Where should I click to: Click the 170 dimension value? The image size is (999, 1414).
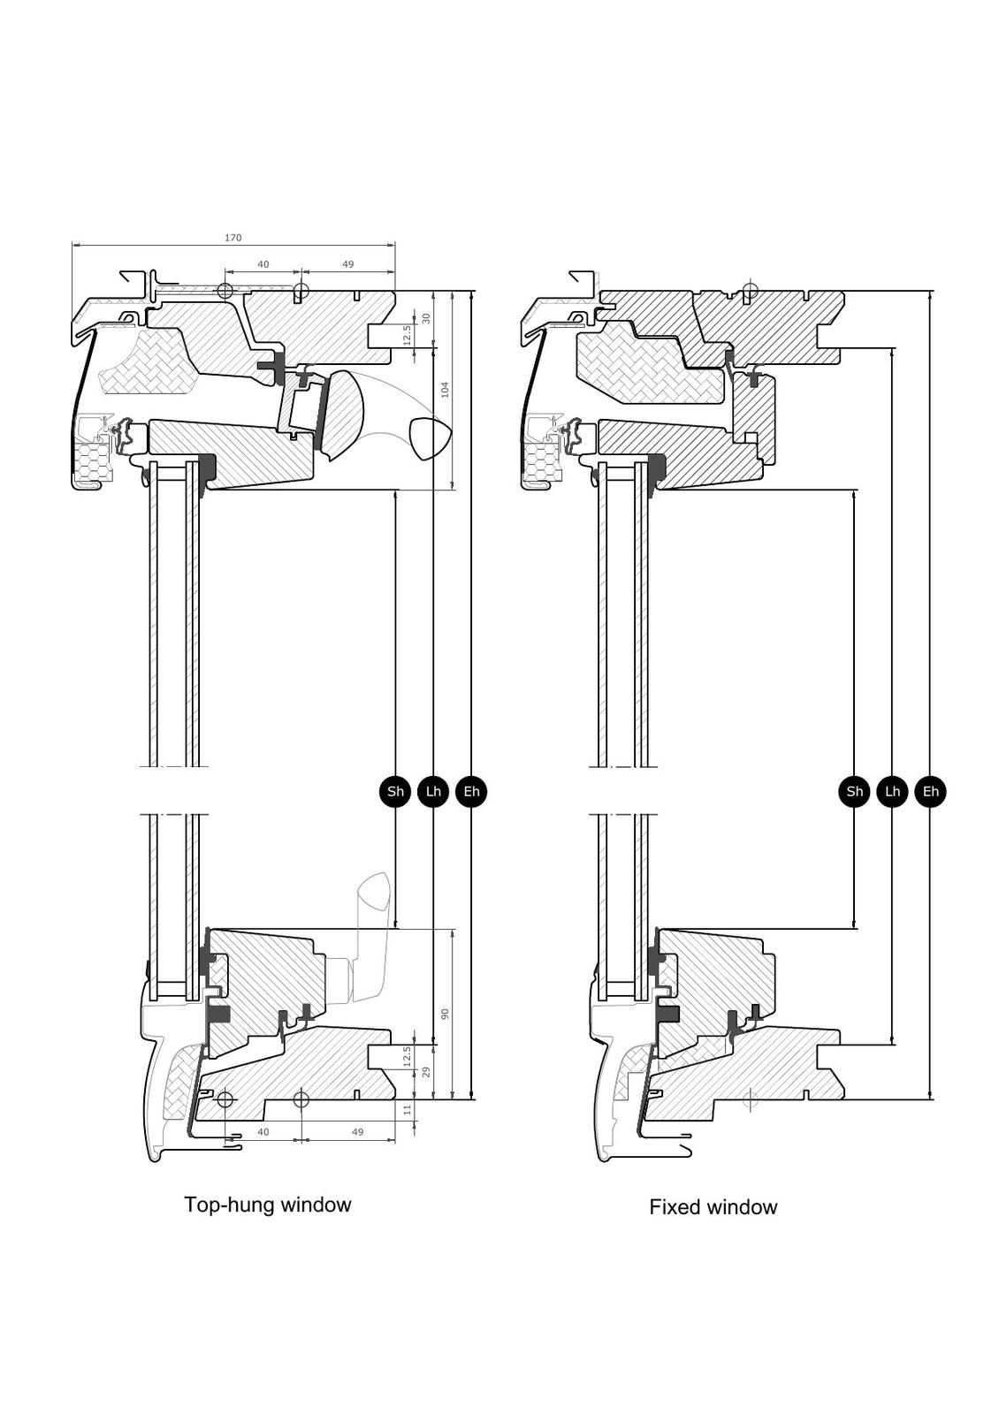point(233,238)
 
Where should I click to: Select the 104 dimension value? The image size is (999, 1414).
point(446,389)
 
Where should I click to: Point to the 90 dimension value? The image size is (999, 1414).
point(446,1013)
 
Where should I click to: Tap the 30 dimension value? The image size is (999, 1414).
point(425,318)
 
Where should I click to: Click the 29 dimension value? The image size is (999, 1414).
point(425,1072)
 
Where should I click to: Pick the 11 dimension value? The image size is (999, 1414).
point(408,1109)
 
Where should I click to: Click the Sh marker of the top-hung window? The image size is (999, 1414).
point(395,791)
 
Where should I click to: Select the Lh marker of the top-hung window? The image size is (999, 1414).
point(433,791)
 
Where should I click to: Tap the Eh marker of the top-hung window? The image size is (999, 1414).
point(471,791)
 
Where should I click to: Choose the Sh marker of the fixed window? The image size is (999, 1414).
point(854,791)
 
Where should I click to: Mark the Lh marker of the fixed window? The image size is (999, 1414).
point(892,791)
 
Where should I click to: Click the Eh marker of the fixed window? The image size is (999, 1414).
point(930,791)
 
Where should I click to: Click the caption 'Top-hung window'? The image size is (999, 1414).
point(267,1205)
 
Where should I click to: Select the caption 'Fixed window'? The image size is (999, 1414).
point(713,1207)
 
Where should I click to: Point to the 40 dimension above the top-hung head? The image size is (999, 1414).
point(263,264)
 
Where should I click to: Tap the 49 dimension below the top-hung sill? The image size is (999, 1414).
point(357,1132)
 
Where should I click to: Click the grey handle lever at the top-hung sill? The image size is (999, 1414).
point(374,928)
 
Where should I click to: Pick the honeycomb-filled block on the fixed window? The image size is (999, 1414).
point(541,462)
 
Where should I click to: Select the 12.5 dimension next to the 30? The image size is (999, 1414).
point(407,335)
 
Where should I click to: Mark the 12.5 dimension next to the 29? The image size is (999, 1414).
point(407,1056)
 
